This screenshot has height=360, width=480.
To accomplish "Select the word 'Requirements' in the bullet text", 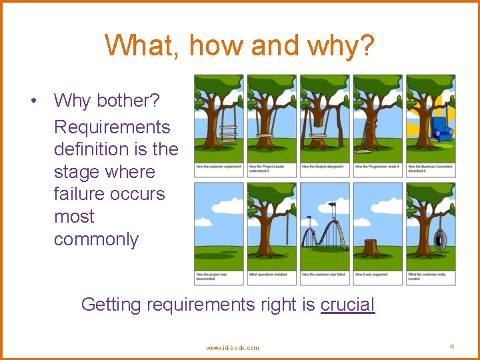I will click(x=112, y=127).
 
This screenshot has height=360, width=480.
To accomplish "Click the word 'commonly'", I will click(x=96, y=239).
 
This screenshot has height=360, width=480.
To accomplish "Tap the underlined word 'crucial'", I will click(x=347, y=305).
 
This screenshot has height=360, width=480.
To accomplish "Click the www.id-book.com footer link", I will click(x=233, y=347).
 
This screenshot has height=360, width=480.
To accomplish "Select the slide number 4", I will click(x=451, y=347).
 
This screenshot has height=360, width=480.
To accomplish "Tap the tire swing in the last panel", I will click(x=440, y=238).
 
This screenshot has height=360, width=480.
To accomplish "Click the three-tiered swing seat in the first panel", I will click(x=229, y=133).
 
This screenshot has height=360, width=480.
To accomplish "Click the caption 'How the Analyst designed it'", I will click(x=323, y=167).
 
